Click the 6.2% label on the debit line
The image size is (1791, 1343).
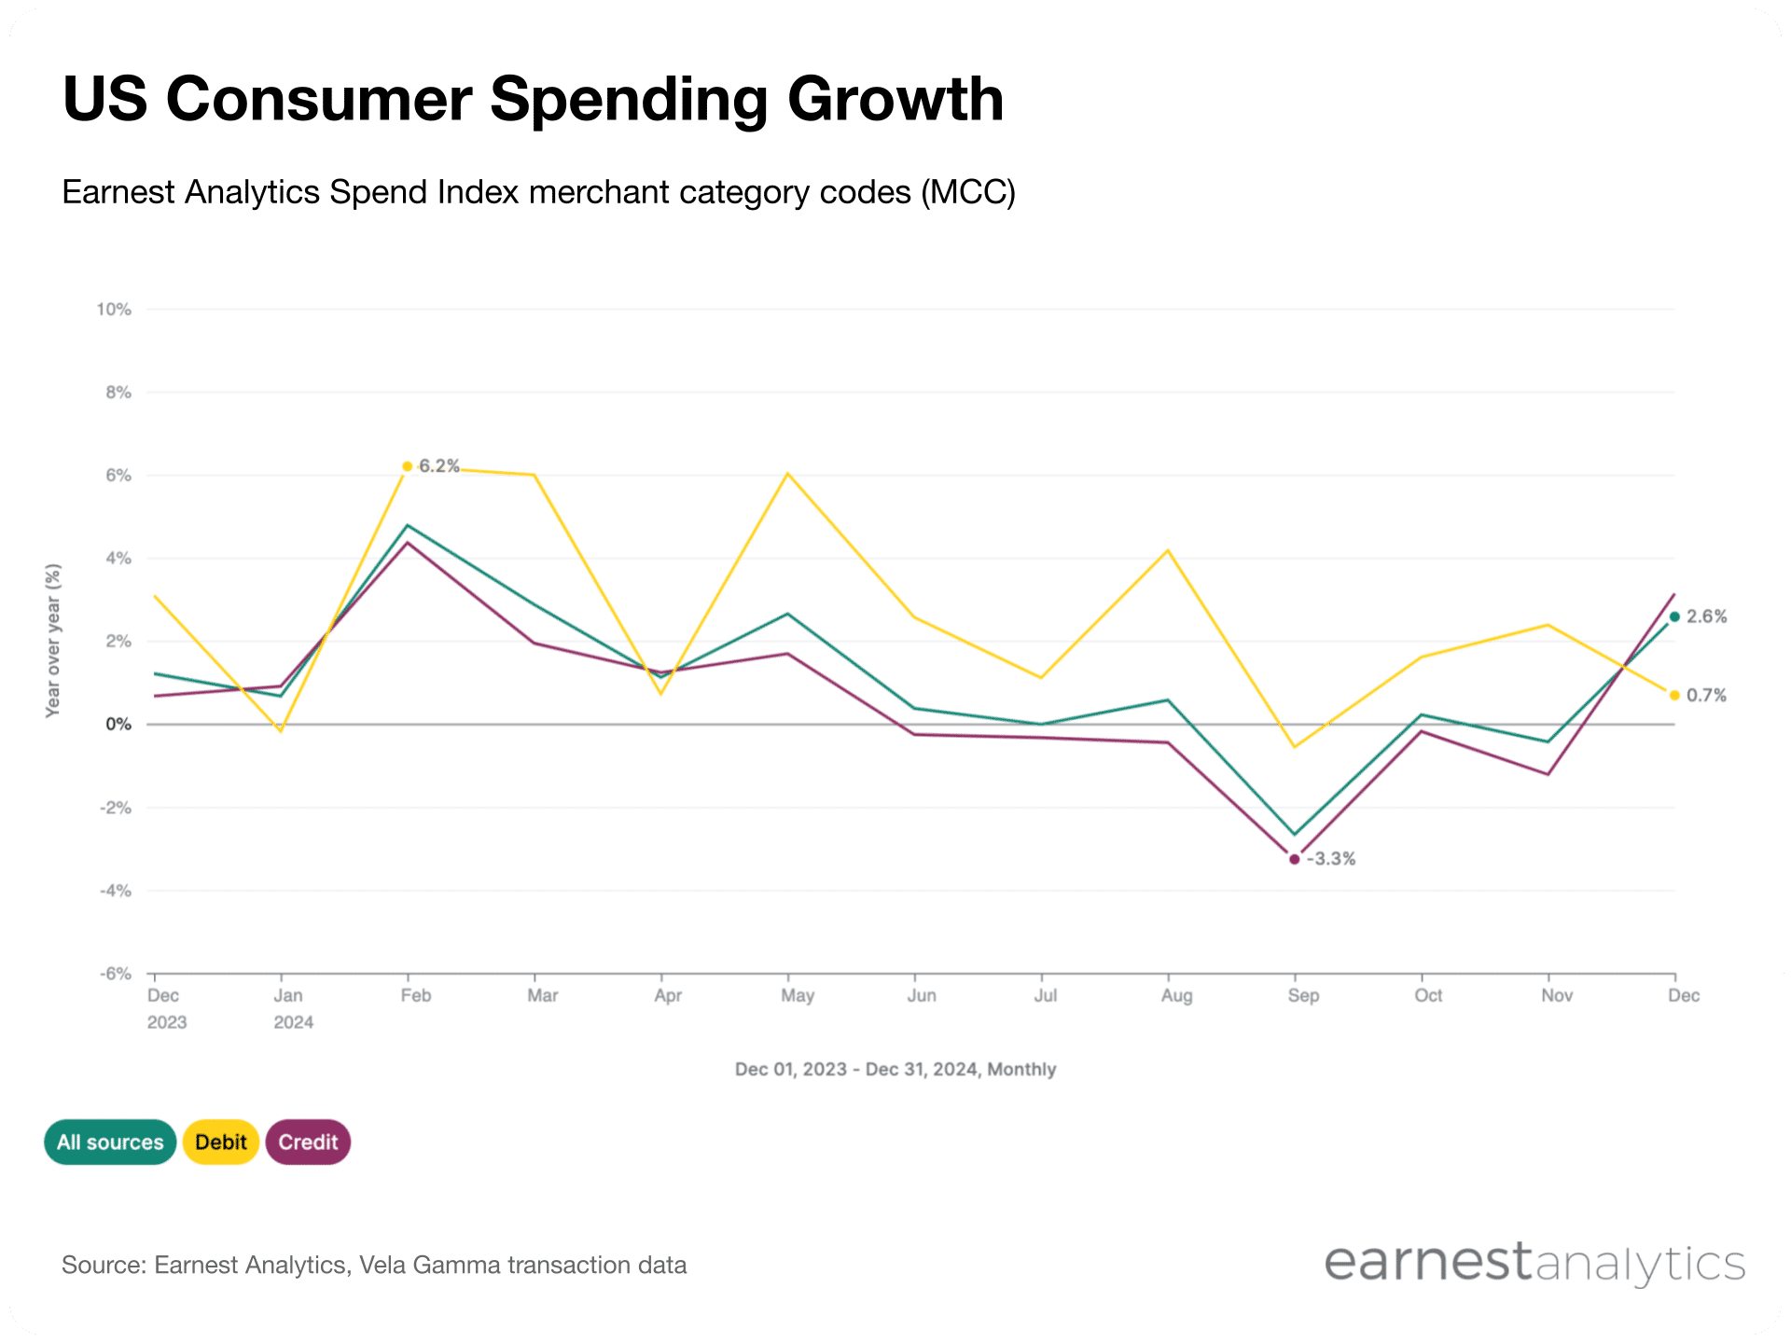pos(438,465)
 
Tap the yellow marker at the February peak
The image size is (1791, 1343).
pos(407,466)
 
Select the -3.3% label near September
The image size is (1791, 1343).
pos(1331,859)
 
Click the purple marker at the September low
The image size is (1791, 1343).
pos(1294,859)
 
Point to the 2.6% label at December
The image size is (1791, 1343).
pos(1706,616)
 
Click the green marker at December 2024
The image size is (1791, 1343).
pos(1674,616)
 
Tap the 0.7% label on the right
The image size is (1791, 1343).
pos(1706,696)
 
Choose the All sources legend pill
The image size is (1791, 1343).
pos(110,1142)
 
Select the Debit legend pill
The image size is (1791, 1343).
pos(221,1142)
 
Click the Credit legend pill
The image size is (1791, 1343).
pos(308,1142)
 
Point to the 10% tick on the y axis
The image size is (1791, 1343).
pos(114,310)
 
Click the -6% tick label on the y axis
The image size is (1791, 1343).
pos(116,974)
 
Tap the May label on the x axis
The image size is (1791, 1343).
pos(798,996)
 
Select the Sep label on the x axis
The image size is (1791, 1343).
pos(1303,996)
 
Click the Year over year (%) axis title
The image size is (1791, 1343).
pos(53,640)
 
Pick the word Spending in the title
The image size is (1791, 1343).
pos(629,99)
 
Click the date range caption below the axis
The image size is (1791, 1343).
pos(895,1070)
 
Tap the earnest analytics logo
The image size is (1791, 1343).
pos(1534,1264)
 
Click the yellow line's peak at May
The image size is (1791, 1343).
pos(788,474)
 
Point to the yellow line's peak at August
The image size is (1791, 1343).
pos(1167,551)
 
